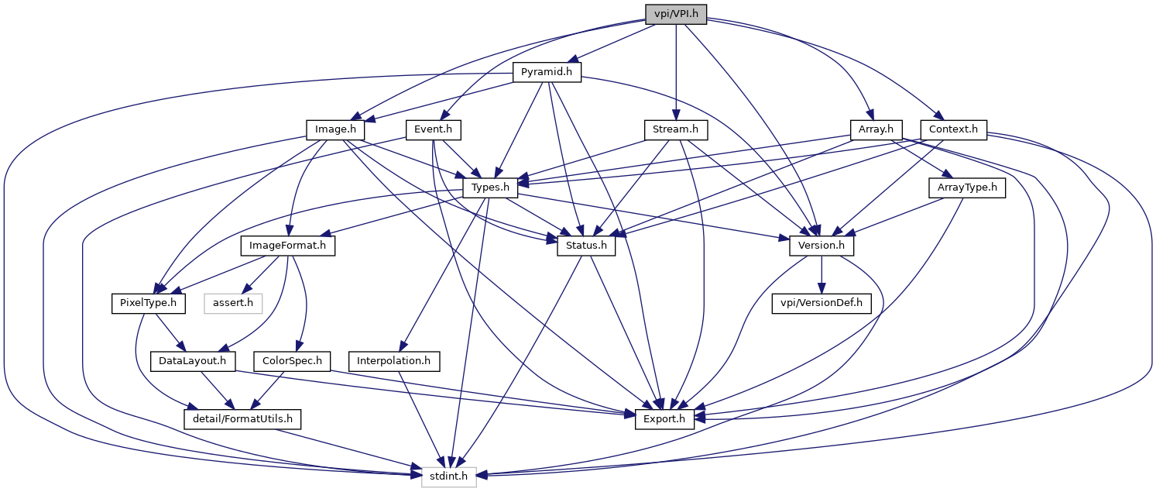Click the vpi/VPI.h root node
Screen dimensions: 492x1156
676,14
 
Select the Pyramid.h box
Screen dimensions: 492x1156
547,72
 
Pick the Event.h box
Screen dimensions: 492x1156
434,129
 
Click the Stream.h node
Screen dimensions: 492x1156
676,129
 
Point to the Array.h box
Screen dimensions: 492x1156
871,129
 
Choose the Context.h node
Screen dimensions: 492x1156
952,129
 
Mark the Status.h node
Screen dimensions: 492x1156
586,246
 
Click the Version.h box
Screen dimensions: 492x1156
822,246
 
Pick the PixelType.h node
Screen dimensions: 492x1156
148,303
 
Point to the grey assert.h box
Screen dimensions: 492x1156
232,303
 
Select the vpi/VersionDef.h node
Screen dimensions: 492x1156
822,303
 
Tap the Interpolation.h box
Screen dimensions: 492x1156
395,361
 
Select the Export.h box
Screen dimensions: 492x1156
664,419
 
